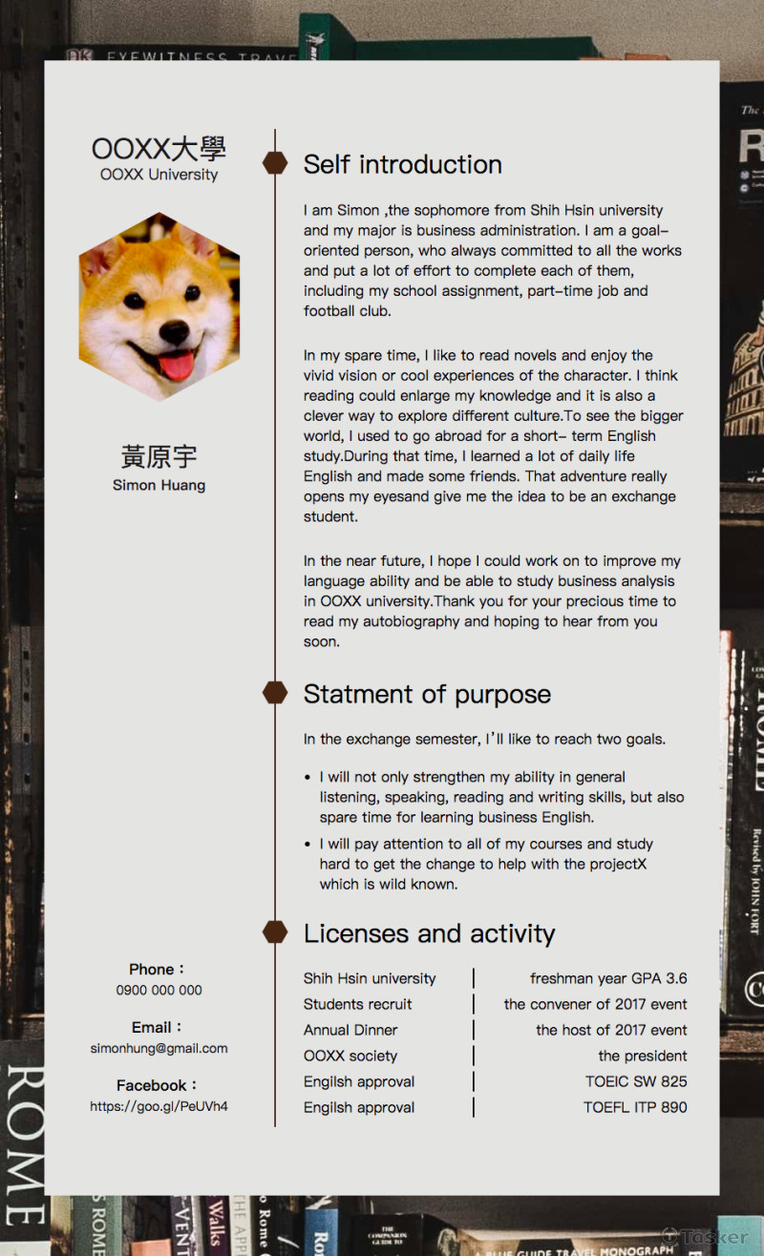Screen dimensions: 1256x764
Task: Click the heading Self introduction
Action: [402, 164]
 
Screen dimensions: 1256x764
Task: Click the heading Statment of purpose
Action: [427, 694]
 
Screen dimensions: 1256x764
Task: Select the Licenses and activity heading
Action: [429, 933]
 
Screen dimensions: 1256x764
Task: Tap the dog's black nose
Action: [174, 332]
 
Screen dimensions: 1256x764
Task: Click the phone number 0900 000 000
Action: [159, 991]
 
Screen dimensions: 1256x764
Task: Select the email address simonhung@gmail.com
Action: [159, 1048]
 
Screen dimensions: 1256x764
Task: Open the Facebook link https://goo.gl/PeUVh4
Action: [159, 1106]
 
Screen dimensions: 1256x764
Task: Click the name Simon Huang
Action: [159, 485]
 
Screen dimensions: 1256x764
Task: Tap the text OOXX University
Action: [159, 175]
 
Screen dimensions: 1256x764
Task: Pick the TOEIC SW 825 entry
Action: [636, 1081]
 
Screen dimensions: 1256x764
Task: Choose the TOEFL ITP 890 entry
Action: [635, 1107]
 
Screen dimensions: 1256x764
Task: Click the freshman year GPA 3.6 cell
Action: [608, 978]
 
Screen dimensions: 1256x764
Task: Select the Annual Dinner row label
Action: [350, 1030]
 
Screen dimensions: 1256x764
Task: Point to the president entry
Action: [642, 1056]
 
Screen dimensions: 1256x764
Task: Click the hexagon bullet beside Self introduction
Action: [275, 163]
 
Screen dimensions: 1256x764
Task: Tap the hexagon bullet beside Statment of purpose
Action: [275, 693]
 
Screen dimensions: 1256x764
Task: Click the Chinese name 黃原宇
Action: [159, 456]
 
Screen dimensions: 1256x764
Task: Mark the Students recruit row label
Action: [358, 1004]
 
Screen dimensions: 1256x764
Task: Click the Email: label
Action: [158, 1027]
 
